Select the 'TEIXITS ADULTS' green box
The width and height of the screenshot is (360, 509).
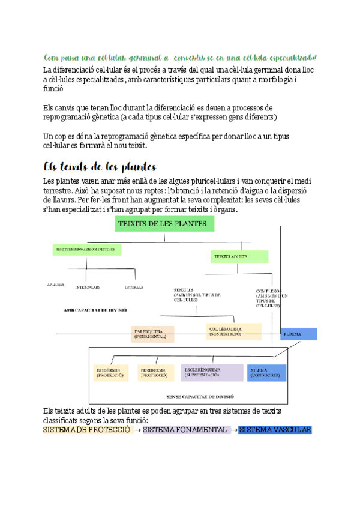[x=239, y=256]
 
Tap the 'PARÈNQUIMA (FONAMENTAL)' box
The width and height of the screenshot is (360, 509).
[x=153, y=334]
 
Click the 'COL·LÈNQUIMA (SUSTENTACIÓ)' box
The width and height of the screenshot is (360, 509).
[x=231, y=331]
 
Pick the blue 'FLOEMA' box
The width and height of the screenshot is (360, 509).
[x=298, y=334]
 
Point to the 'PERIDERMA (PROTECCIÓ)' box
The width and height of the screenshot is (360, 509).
[x=155, y=372]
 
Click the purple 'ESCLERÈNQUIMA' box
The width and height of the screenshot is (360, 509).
[x=212, y=372]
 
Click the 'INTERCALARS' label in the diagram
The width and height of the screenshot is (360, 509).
[x=88, y=288]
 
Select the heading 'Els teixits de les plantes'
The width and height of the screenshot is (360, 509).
[x=100, y=166]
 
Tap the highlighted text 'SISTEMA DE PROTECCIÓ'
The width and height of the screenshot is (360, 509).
[x=87, y=430]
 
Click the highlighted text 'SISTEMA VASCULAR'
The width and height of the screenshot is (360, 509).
[x=275, y=430]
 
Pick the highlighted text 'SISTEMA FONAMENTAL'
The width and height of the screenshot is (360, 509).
[x=185, y=430]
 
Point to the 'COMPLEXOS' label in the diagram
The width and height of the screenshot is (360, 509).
[x=268, y=289]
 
